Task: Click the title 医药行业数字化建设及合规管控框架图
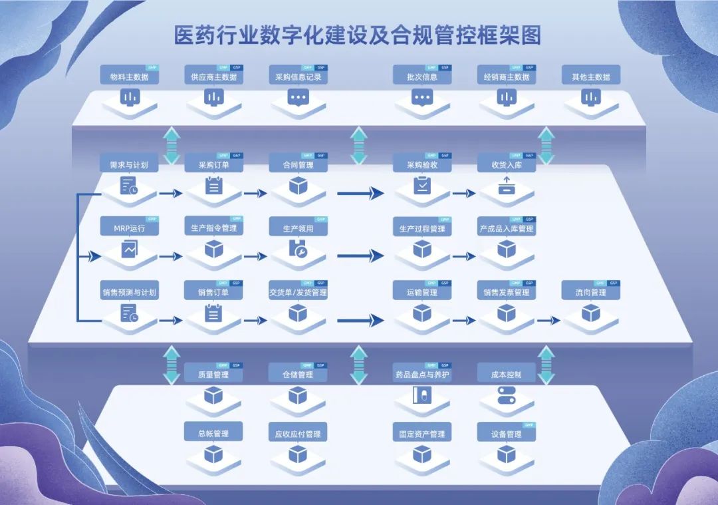(358, 35)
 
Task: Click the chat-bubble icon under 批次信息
(422, 97)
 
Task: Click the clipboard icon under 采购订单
(213, 186)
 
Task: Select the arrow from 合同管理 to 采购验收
(360, 193)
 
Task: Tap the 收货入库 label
(507, 164)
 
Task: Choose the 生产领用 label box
(299, 228)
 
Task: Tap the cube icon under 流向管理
(590, 313)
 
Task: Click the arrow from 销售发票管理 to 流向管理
(548, 320)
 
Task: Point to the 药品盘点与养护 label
(422, 375)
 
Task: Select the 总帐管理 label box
(213, 434)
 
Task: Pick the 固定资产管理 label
(422, 434)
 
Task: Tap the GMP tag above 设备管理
(529, 424)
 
